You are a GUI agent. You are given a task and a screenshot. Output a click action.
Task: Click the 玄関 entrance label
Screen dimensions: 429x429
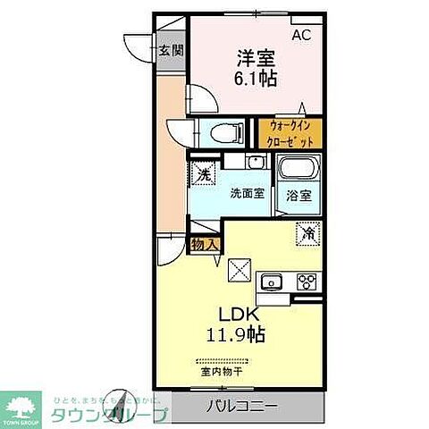pos(172,51)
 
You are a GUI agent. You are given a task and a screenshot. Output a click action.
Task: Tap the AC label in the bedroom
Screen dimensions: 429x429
pos(302,35)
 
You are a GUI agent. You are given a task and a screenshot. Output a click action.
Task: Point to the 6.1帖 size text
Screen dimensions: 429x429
pos(256,79)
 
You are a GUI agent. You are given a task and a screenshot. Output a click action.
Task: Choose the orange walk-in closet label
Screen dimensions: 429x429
pos(290,134)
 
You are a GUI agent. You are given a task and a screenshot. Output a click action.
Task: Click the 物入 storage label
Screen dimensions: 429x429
pos(203,244)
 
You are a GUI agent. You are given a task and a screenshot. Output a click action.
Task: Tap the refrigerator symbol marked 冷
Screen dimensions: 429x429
pos(308,235)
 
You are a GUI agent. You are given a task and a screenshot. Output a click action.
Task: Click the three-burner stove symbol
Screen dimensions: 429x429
pos(307,283)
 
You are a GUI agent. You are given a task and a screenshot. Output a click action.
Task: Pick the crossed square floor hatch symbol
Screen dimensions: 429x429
pos(239,268)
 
